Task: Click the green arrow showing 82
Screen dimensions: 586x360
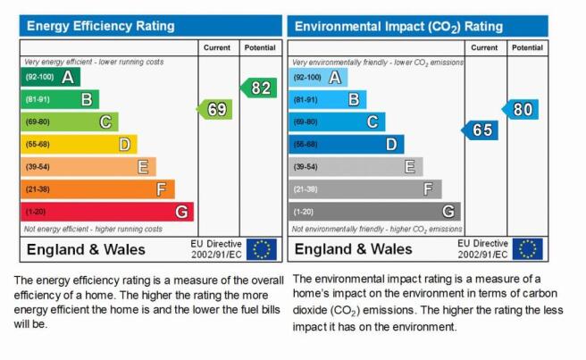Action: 259,88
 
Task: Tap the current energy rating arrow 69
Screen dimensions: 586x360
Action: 214,109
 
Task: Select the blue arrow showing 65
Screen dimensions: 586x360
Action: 480,130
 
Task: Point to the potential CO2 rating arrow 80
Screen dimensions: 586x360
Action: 520,109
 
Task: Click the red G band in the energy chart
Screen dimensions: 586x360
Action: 107,212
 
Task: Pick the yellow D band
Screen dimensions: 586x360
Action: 79,145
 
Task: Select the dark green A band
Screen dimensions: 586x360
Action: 50,77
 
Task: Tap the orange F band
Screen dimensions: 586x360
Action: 98,189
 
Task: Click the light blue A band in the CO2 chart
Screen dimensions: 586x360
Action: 318,78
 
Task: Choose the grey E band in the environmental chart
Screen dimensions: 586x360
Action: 356,167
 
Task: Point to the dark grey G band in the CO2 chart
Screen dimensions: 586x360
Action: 375,212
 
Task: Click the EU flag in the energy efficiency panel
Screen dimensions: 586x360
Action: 262,249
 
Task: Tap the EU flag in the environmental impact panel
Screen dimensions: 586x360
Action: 528,249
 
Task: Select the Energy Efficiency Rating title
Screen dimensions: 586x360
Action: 101,26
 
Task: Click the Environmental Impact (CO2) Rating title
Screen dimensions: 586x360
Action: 398,27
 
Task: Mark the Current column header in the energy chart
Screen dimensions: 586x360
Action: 217,48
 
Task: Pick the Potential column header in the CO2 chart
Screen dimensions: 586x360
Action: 527,48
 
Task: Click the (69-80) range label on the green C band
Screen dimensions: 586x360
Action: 38,121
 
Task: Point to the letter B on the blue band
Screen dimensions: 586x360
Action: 354,99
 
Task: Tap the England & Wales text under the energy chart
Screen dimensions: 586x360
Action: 86,249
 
